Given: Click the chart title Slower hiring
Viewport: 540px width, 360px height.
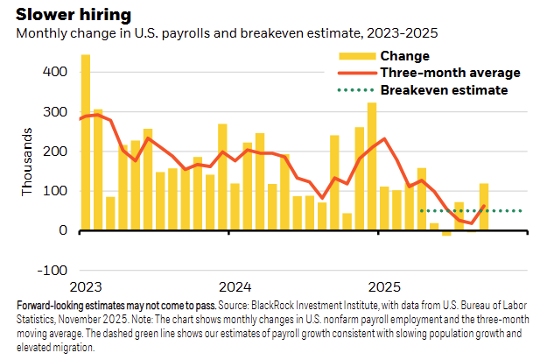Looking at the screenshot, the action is [x=74, y=15].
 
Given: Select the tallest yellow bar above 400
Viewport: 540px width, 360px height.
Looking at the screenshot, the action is [x=86, y=142].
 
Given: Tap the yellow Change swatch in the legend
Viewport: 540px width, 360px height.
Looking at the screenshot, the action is [x=357, y=56].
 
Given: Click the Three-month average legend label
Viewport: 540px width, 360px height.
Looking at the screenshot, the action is [x=450, y=73].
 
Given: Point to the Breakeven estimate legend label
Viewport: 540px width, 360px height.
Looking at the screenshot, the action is [x=444, y=90].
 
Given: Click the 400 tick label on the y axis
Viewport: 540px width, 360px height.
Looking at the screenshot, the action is [x=55, y=72].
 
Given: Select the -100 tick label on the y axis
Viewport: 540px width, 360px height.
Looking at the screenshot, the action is [x=52, y=271].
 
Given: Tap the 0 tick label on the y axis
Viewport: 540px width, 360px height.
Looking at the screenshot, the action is [x=63, y=230].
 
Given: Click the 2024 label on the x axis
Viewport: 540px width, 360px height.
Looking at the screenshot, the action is [x=235, y=287].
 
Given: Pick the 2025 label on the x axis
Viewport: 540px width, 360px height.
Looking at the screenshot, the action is [x=385, y=287].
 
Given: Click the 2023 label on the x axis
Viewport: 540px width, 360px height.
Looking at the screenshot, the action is [x=86, y=287].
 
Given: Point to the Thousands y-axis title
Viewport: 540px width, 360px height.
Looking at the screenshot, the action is [x=26, y=162].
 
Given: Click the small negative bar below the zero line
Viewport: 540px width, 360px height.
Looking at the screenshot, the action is [x=446, y=233].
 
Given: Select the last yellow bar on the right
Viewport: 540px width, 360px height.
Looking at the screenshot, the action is [x=484, y=207].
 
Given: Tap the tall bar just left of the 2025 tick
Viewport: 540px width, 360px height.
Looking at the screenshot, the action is [x=372, y=166].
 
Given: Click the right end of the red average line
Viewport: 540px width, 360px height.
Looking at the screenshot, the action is [x=485, y=206].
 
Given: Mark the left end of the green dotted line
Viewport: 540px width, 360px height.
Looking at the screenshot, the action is [x=422, y=211].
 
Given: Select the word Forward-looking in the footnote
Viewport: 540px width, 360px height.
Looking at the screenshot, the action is [x=50, y=306].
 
